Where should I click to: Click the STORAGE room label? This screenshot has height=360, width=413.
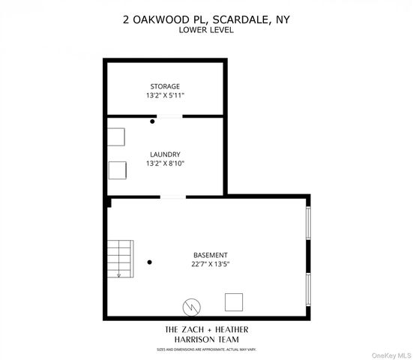coord(165,86)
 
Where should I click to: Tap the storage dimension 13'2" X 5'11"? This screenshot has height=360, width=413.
coord(165,96)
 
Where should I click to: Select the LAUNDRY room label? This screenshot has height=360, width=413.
coord(165,154)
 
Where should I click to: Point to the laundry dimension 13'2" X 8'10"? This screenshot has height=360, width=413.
coord(165,163)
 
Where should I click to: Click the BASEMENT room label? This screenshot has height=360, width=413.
coord(209,255)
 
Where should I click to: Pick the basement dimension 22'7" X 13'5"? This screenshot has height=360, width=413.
coord(209,264)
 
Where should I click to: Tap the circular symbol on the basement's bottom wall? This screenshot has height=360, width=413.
coord(193,306)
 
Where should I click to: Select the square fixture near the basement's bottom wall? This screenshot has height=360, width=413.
coord(235,301)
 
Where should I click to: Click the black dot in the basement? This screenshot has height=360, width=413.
coord(150,262)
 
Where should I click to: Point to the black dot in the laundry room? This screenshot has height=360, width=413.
coord(153,121)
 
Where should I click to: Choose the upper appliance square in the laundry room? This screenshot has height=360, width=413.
coord(116,136)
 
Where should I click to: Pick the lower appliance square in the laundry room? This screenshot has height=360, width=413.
coord(118,170)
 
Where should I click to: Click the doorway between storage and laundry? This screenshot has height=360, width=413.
coord(169,116)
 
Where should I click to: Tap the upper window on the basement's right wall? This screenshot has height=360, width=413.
coord(308,223)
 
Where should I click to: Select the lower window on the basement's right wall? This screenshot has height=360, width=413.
coord(308,289)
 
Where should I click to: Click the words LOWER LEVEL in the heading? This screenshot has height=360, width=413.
coord(205,30)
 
